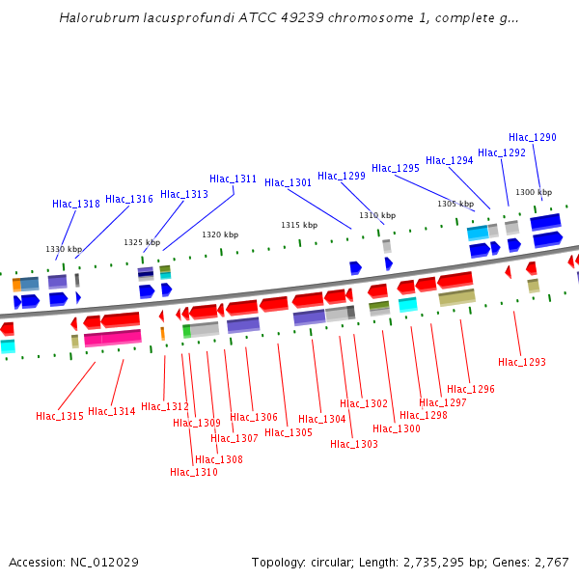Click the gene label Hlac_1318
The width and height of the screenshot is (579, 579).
tap(76, 204)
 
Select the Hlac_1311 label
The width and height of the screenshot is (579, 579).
tap(234, 179)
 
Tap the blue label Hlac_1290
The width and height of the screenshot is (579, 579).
tap(533, 137)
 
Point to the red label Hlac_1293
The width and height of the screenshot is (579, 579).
tap(522, 362)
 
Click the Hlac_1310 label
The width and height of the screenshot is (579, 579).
tap(194, 472)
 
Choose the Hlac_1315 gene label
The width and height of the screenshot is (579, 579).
tap(60, 416)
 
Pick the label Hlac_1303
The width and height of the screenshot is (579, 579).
tap(354, 444)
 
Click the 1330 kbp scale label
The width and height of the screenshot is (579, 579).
tap(64, 249)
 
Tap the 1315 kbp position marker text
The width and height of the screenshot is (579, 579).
tap(299, 225)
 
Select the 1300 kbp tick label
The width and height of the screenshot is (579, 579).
tap(534, 192)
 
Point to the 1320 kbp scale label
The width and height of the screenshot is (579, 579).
tap(220, 234)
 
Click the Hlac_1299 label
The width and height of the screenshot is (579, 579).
tap(342, 176)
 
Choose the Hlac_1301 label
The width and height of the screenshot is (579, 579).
tap(289, 182)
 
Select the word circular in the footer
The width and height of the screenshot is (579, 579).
tap(342, 562)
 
